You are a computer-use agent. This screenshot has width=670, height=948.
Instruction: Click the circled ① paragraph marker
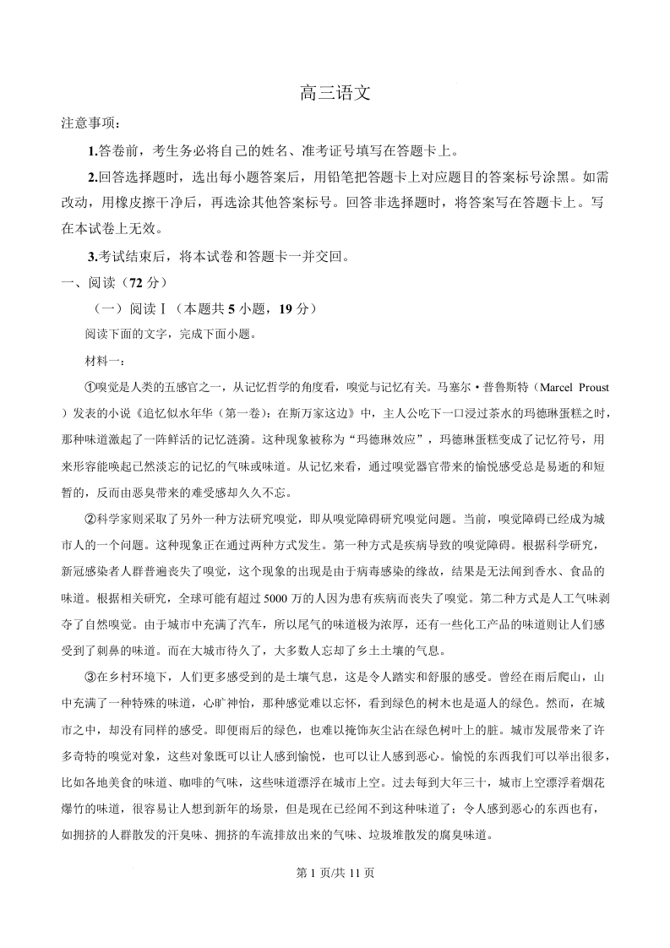pyautogui.click(x=91, y=387)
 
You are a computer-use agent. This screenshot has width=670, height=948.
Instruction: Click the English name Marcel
pyautogui.click(x=556, y=387)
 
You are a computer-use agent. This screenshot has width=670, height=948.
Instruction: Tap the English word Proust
pyautogui.click(x=593, y=387)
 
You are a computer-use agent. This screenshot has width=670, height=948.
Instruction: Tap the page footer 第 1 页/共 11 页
pyautogui.click(x=335, y=874)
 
